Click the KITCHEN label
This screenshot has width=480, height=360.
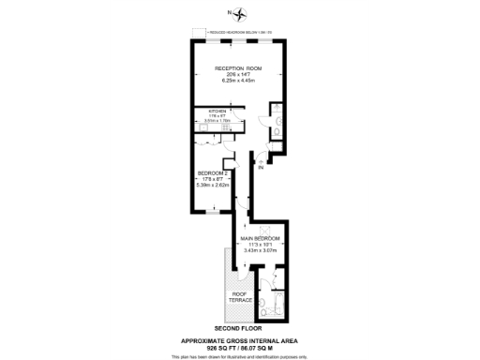[217, 112]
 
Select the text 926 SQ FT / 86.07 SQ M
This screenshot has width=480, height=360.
[239, 347]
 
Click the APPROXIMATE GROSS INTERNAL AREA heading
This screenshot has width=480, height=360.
[239, 339]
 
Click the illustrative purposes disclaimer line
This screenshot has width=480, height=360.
[239, 355]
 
